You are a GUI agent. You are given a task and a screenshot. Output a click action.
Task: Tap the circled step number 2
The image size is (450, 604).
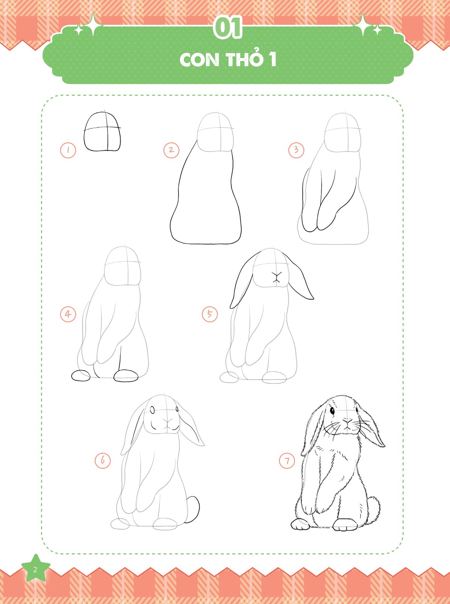coord(171,150)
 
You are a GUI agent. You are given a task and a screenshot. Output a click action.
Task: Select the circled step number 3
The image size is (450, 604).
coord(296,150)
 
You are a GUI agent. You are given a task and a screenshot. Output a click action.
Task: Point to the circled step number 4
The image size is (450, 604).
coord(68,314)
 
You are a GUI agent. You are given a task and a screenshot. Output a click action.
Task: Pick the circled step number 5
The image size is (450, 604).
coord(210,314)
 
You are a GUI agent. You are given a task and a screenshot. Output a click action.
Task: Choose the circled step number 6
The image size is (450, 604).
coord(103,460)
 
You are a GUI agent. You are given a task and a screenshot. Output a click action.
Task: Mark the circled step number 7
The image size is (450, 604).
coord(287,460)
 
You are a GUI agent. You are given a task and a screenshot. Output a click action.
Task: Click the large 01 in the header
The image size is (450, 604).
coord(227,27)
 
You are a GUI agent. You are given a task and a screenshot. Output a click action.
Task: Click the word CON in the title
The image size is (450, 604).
coord(199,60)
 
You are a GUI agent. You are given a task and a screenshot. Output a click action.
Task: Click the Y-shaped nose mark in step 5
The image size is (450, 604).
coord(276,277)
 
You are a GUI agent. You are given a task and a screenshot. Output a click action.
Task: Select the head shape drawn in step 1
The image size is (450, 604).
coord(102,132)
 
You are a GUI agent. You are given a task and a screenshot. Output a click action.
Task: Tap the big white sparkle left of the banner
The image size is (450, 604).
coord(93,25)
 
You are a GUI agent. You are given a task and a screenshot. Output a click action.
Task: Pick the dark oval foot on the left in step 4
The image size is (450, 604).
coord(80,376)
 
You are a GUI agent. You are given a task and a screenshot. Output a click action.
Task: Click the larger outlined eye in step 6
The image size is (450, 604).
coord(153,410)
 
